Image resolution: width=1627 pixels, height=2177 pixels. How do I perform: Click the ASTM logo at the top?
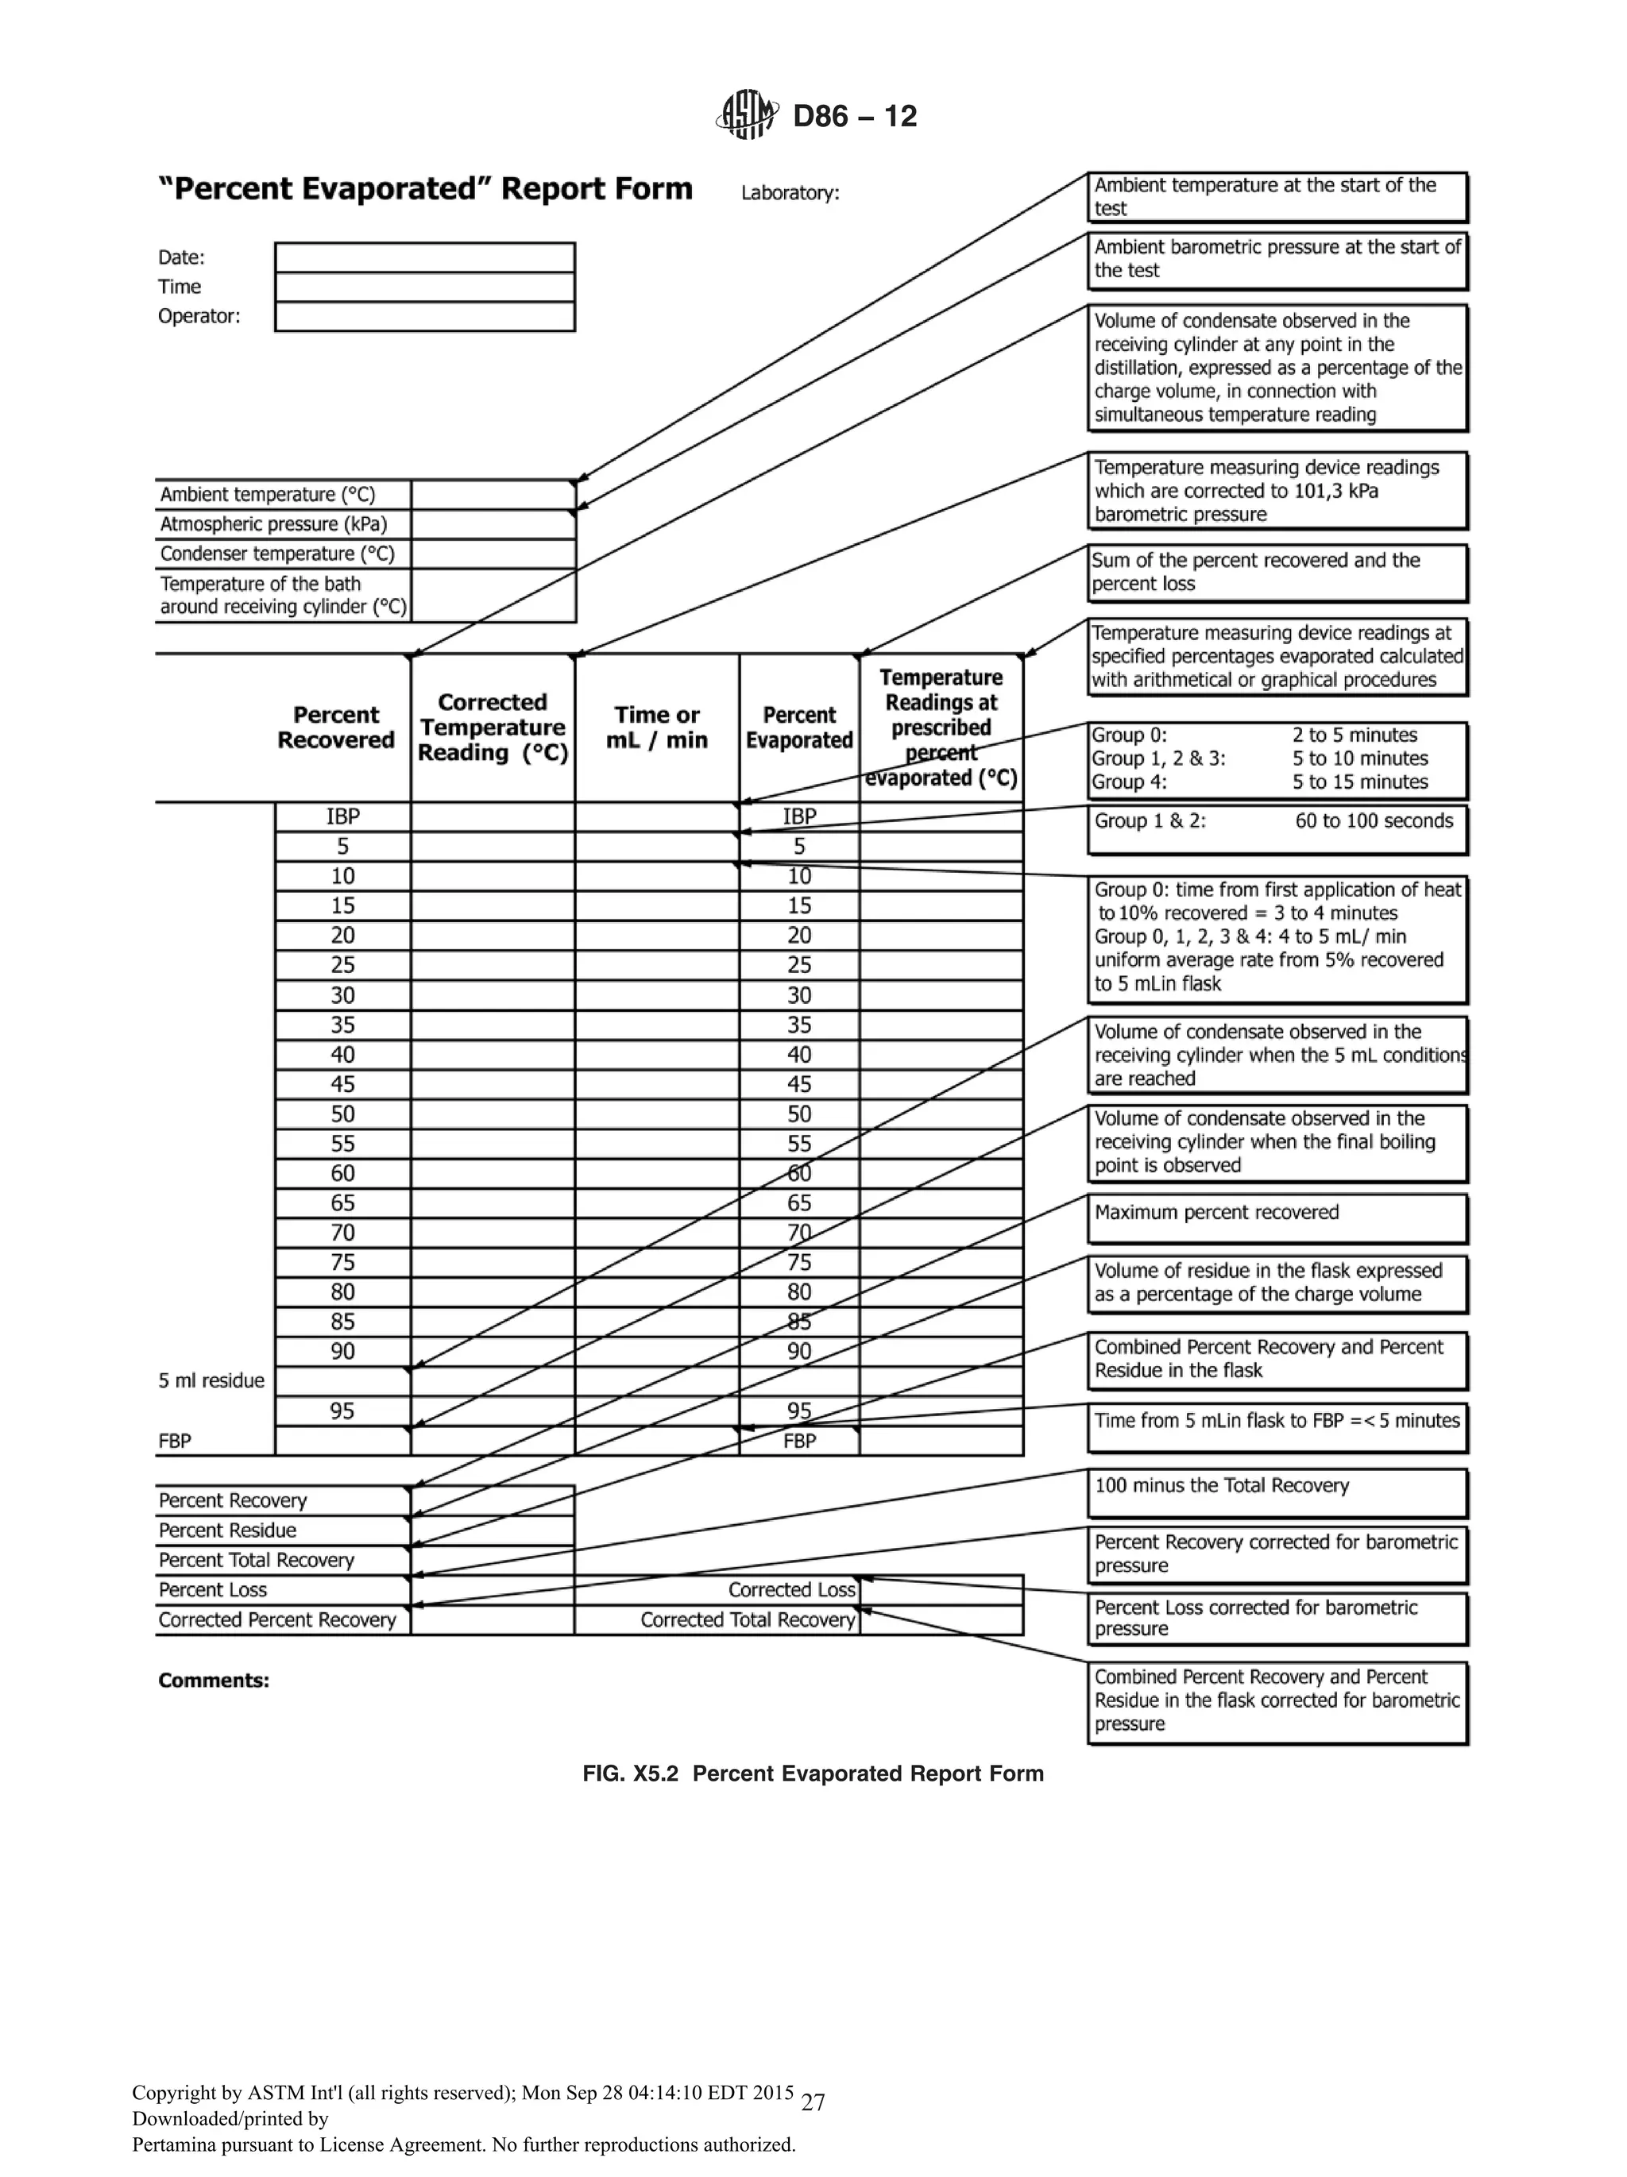tap(746, 115)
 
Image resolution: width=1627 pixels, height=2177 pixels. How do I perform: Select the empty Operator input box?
tap(424, 317)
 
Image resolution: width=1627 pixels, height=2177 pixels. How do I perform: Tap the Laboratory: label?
tap(790, 193)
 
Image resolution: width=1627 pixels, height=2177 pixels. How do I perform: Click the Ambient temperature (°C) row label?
tap(268, 494)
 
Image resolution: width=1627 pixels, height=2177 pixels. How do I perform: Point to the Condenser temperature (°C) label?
tap(276, 553)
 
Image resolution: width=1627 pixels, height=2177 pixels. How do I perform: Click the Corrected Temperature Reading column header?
tap(492, 728)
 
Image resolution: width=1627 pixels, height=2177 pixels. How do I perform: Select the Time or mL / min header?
tap(656, 728)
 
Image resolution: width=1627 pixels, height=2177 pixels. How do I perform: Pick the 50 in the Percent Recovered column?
tap(342, 1113)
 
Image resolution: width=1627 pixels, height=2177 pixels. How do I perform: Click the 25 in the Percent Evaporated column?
tap(799, 964)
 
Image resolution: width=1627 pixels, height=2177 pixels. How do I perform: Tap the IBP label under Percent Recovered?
tap(342, 816)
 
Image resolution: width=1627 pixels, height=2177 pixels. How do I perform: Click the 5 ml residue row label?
tap(211, 1380)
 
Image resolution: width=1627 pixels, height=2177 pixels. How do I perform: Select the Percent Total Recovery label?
tap(256, 1560)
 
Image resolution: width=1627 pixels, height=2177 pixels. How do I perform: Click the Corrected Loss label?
tap(791, 1589)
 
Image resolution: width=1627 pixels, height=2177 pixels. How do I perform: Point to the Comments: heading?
tap(214, 1680)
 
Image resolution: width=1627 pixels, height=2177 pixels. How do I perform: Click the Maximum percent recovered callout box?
tap(1277, 1218)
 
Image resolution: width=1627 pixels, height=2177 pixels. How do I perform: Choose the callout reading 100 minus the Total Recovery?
tap(1277, 1492)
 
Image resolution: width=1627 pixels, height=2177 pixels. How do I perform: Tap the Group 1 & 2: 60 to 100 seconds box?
tap(1277, 828)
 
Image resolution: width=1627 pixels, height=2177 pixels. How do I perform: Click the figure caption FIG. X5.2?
tap(812, 1774)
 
